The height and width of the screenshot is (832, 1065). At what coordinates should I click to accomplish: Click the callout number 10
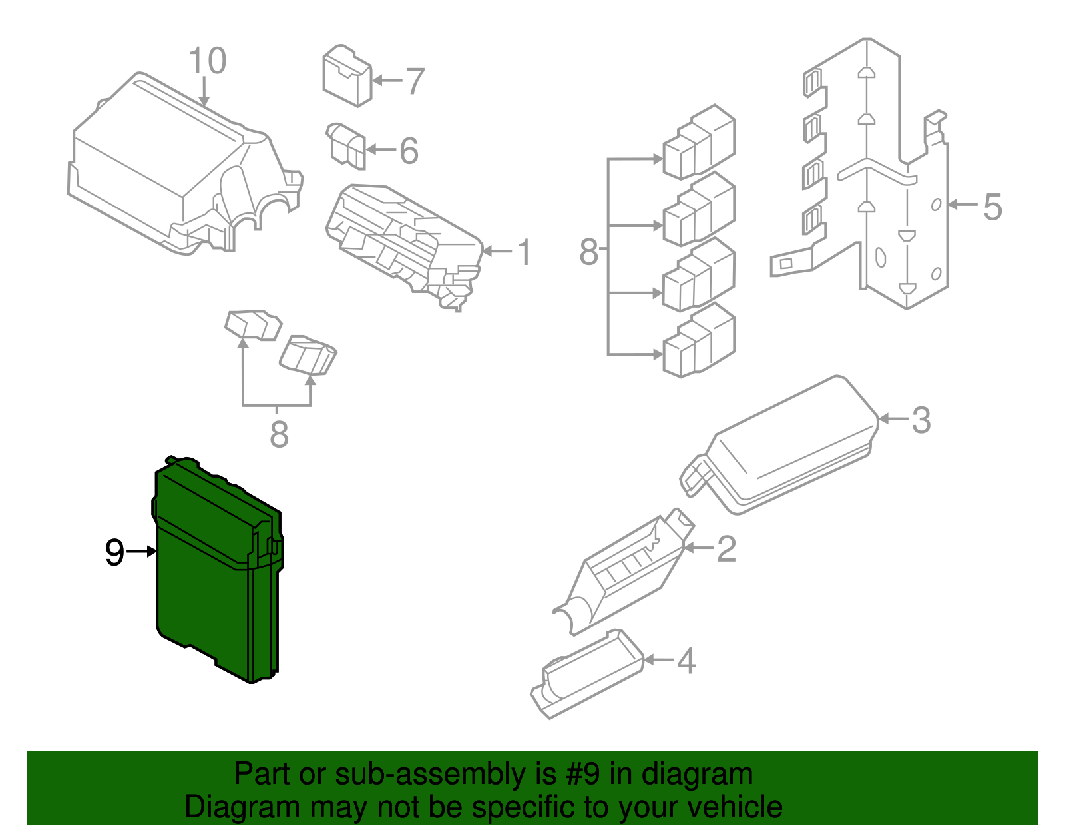point(208,61)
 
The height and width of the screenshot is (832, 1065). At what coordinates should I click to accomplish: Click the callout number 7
point(415,81)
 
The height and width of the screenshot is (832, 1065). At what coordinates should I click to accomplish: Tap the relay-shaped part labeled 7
point(346,75)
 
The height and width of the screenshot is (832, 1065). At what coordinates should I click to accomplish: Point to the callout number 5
point(992,207)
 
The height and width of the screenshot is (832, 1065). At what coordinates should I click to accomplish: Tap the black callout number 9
point(114,553)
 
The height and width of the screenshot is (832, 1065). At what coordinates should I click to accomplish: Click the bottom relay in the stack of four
point(699,341)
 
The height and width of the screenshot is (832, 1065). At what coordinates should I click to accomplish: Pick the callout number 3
point(921,420)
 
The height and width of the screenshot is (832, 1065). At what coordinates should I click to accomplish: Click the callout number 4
point(686,661)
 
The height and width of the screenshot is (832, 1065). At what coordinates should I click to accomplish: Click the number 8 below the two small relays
point(279,435)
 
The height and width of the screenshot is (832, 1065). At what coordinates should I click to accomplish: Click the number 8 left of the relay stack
point(588,253)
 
